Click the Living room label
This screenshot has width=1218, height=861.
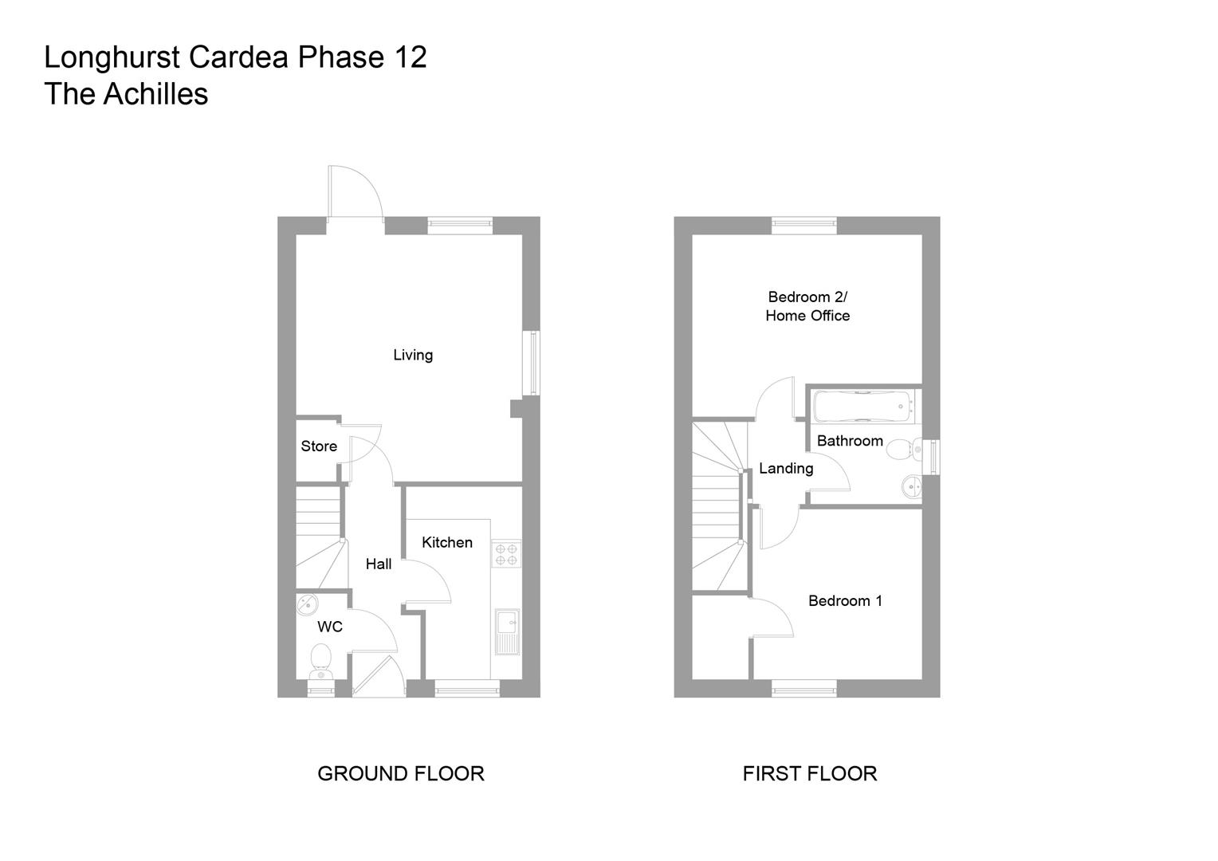[x=412, y=355]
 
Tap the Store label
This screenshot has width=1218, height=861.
[x=319, y=446]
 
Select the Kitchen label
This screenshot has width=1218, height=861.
[x=446, y=542]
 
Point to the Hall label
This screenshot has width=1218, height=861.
[x=378, y=564]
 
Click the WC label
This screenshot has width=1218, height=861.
[x=329, y=627]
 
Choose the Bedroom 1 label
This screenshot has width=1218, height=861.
[x=845, y=600]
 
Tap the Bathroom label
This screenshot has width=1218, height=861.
[x=850, y=441]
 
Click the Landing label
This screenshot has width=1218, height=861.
[x=785, y=469]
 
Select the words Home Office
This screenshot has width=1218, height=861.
[x=807, y=316]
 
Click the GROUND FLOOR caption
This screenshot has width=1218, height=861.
[x=400, y=773]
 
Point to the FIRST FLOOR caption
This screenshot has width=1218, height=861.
[x=809, y=773]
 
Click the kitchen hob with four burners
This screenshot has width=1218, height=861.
[x=506, y=554]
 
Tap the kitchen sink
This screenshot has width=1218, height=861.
[x=507, y=631]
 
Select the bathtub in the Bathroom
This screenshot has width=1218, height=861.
[x=862, y=406]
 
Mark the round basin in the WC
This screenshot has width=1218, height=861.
[x=307, y=605]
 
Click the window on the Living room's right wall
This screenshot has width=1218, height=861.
[x=532, y=363]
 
